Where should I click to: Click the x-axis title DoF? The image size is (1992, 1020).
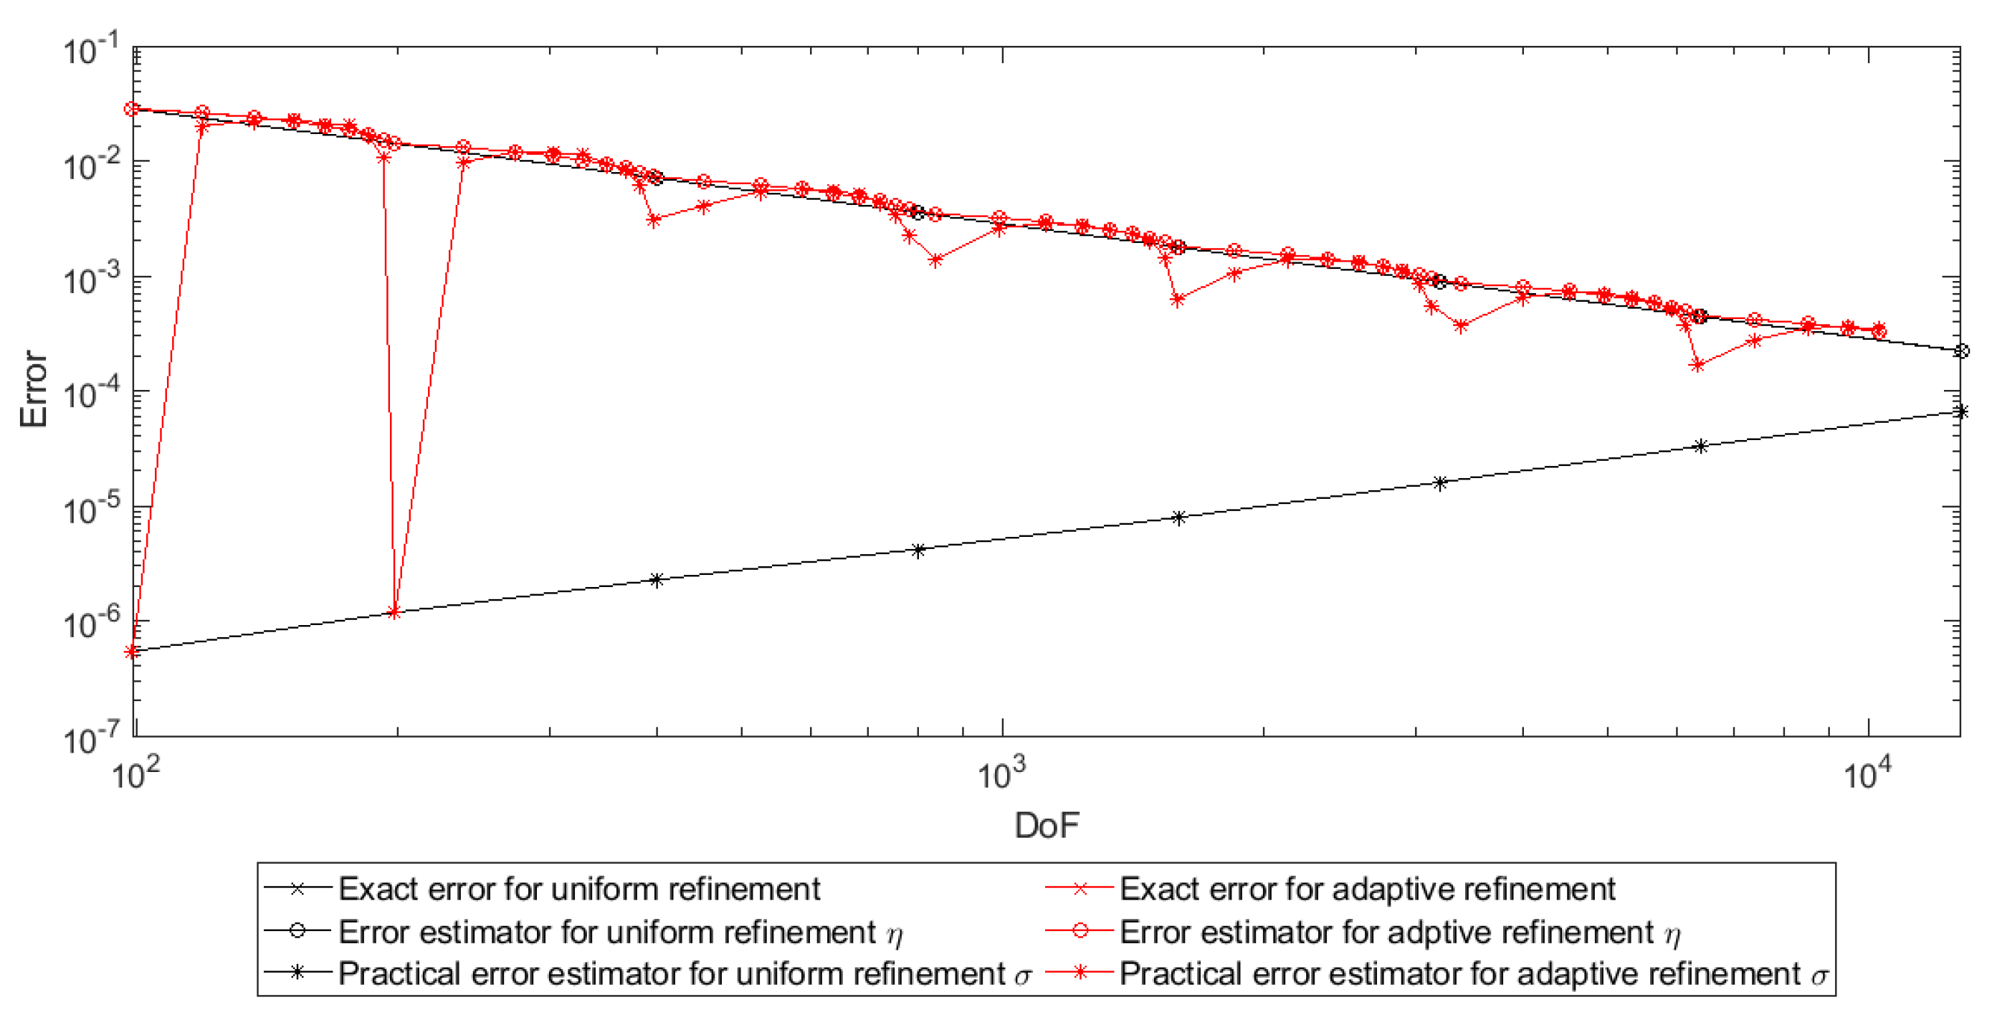click(x=1046, y=826)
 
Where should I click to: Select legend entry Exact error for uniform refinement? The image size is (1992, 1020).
click(x=578, y=890)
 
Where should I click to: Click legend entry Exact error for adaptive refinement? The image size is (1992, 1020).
click(x=1366, y=890)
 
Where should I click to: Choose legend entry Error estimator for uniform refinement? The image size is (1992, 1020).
click(x=607, y=932)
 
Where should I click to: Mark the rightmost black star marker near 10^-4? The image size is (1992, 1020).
click(x=1960, y=411)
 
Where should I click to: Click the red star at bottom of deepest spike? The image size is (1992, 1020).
click(x=394, y=612)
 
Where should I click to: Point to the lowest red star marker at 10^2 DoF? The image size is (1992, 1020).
click(x=132, y=652)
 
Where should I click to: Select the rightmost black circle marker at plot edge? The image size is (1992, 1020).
click(x=1960, y=351)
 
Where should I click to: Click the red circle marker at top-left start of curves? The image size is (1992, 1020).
click(x=132, y=109)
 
